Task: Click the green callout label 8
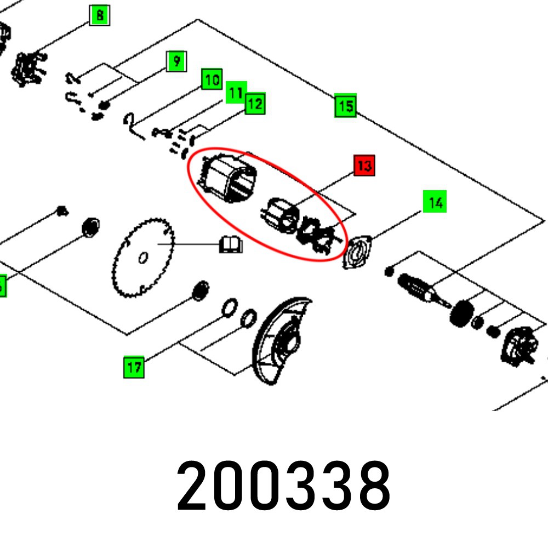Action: pos(100,15)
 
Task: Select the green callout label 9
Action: pos(176,61)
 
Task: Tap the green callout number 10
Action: pos(212,79)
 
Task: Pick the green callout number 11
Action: pos(236,93)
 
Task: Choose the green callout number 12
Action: pos(255,104)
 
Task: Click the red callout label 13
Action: pos(364,165)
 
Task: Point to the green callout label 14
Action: pos(435,202)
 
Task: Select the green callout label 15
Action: pos(346,106)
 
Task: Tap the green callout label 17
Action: pos(134,367)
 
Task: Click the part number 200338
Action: pos(284,486)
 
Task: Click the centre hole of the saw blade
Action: pos(143,258)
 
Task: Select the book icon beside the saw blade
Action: pos(231,244)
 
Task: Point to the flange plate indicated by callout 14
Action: pos(357,252)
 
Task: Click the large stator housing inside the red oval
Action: pos(227,178)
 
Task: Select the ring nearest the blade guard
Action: pos(248,318)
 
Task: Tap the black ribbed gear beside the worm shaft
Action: pos(461,313)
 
